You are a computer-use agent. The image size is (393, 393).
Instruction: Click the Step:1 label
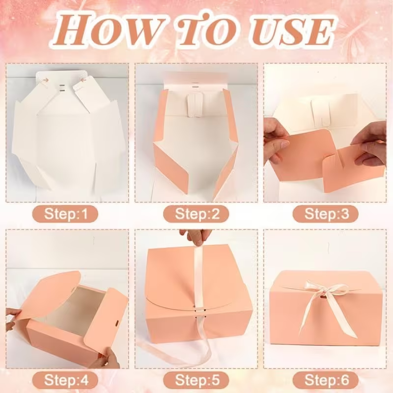pyautogui.click(x=65, y=214)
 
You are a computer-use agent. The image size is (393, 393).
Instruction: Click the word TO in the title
pyautogui.click(x=208, y=29)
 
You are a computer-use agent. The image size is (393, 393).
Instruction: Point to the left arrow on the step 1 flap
pyautogui.click(x=46, y=80)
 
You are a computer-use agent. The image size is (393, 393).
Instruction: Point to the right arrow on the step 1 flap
pyautogui.click(x=83, y=80)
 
